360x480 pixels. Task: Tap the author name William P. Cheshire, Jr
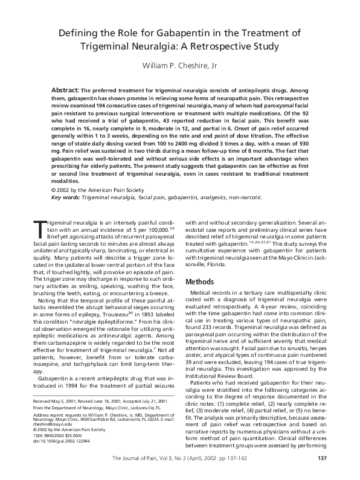point(179,66)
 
